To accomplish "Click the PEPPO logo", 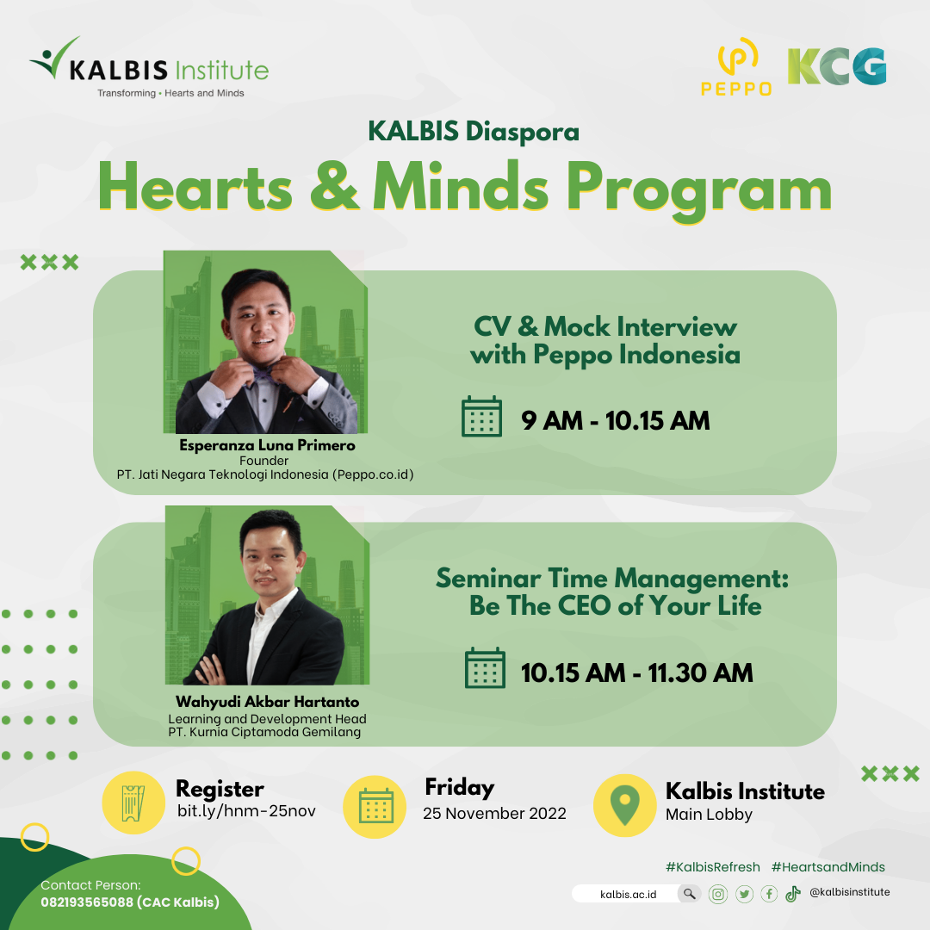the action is [x=736, y=66].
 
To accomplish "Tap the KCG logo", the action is [x=837, y=66].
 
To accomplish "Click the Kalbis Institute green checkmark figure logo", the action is [x=54, y=58].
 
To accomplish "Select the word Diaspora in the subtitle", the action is [x=523, y=133].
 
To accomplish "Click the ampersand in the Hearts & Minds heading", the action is [x=334, y=186].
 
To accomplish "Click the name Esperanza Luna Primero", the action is [x=267, y=445].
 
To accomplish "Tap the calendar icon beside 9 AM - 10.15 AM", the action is [x=481, y=417].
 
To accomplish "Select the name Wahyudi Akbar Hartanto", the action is [x=268, y=702].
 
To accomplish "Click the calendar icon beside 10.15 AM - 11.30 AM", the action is [x=485, y=668].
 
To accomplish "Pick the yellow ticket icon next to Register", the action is [x=133, y=803].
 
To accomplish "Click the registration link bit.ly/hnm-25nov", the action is [x=247, y=811].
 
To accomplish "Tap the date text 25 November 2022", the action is [x=494, y=813].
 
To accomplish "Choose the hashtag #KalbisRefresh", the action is [x=713, y=867].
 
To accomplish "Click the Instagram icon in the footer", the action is [x=717, y=894].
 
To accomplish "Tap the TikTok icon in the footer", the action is [x=793, y=894].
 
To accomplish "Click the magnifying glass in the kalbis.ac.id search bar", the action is [x=689, y=893].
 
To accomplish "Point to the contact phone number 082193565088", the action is [x=87, y=902].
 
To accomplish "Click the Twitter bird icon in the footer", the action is [x=744, y=894].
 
